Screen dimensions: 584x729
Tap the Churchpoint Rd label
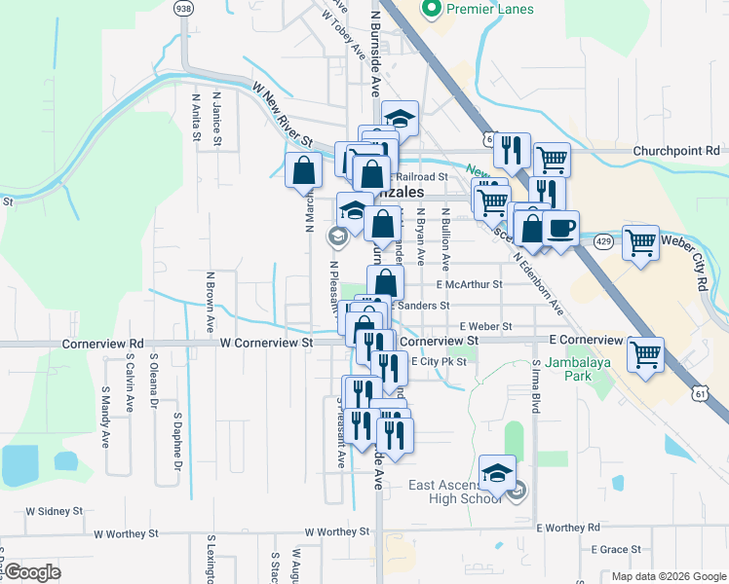(675, 151)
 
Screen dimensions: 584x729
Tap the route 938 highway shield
(182, 8)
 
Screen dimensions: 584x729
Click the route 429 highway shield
(603, 239)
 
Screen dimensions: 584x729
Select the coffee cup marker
(559, 229)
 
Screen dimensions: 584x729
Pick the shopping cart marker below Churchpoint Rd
(553, 158)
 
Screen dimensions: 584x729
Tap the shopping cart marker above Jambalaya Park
(646, 354)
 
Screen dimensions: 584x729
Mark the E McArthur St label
(469, 285)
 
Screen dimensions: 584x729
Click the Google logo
(32, 572)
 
